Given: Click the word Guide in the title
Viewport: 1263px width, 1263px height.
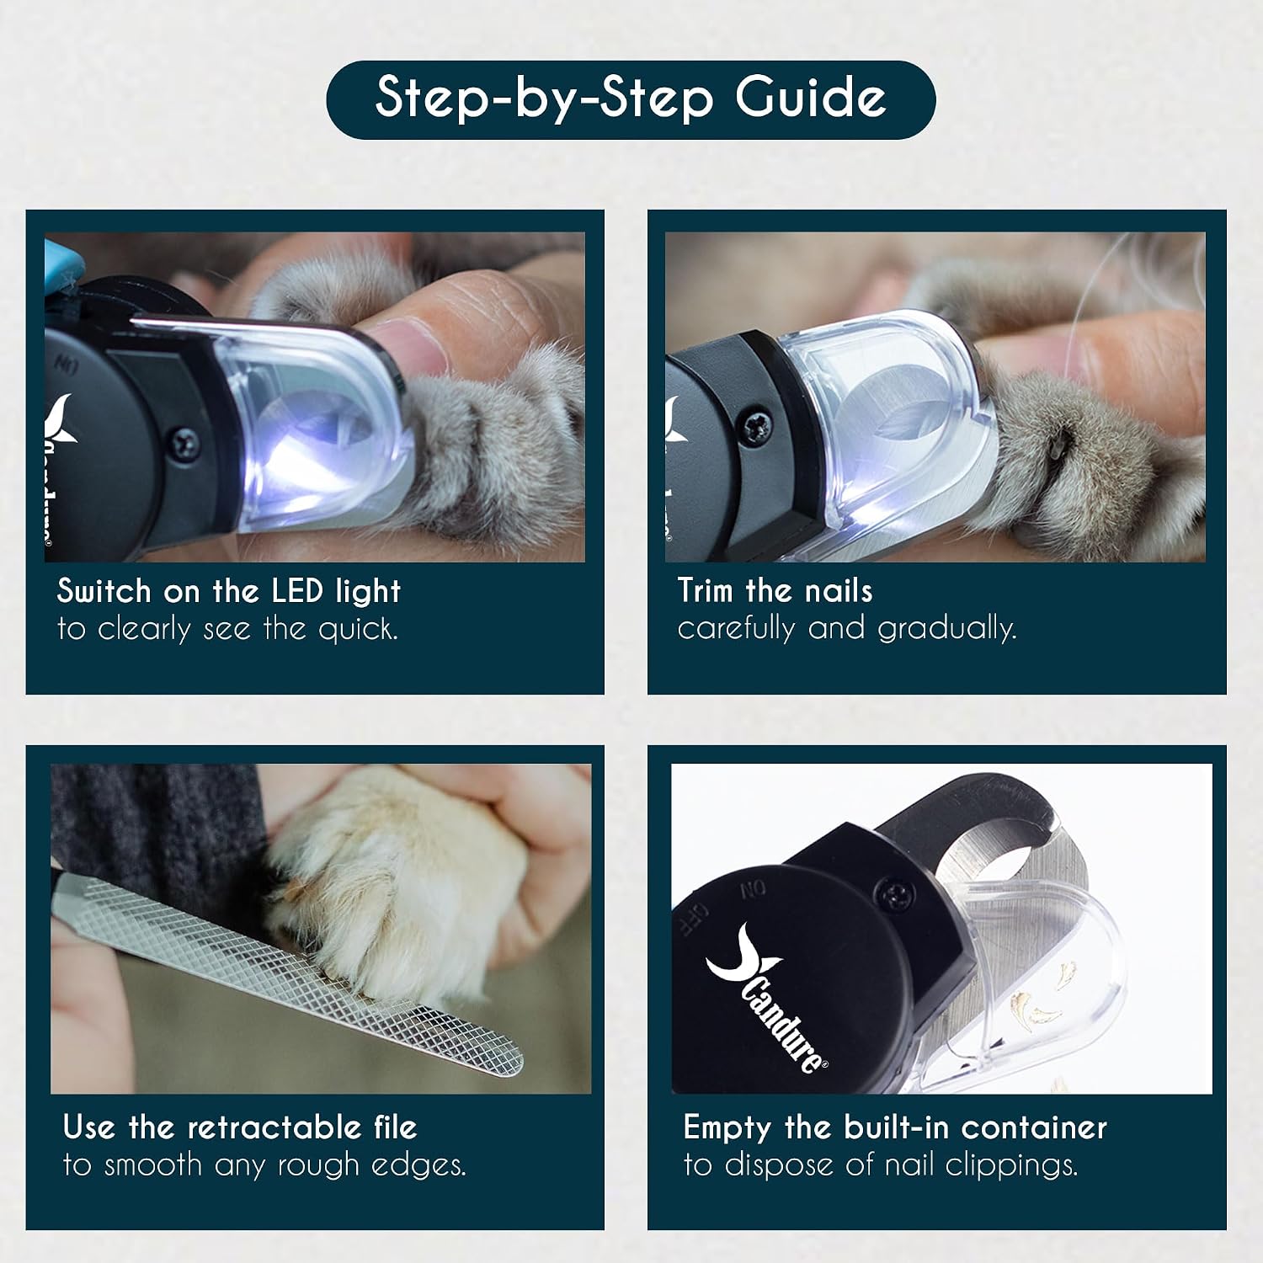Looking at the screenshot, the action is point(811,98).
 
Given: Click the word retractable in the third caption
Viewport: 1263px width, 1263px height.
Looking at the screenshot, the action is point(274,1127).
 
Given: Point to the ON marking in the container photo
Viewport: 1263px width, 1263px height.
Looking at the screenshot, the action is point(753,890).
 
